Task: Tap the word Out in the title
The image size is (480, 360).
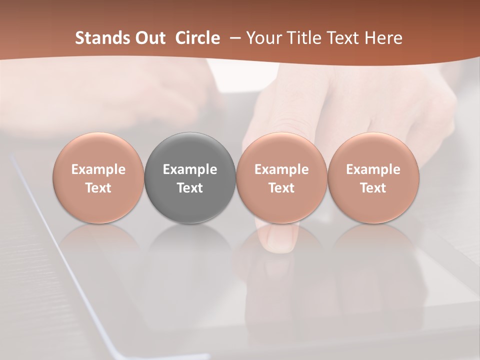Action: tap(149, 38)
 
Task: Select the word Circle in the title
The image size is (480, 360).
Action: tap(197, 38)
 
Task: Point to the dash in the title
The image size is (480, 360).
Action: tap(234, 38)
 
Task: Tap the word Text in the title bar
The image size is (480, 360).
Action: tap(343, 38)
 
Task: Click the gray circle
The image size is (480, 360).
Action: tap(190, 178)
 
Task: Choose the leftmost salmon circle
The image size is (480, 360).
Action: tap(98, 178)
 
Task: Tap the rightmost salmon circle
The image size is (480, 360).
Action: tap(373, 178)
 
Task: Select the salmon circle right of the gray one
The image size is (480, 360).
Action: tap(281, 178)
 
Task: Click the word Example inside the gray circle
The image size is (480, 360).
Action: tap(190, 169)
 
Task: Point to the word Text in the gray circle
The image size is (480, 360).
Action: tap(190, 188)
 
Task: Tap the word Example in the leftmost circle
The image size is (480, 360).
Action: tap(98, 169)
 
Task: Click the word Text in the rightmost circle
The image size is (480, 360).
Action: tap(373, 188)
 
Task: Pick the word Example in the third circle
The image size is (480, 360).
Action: tap(281, 169)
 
